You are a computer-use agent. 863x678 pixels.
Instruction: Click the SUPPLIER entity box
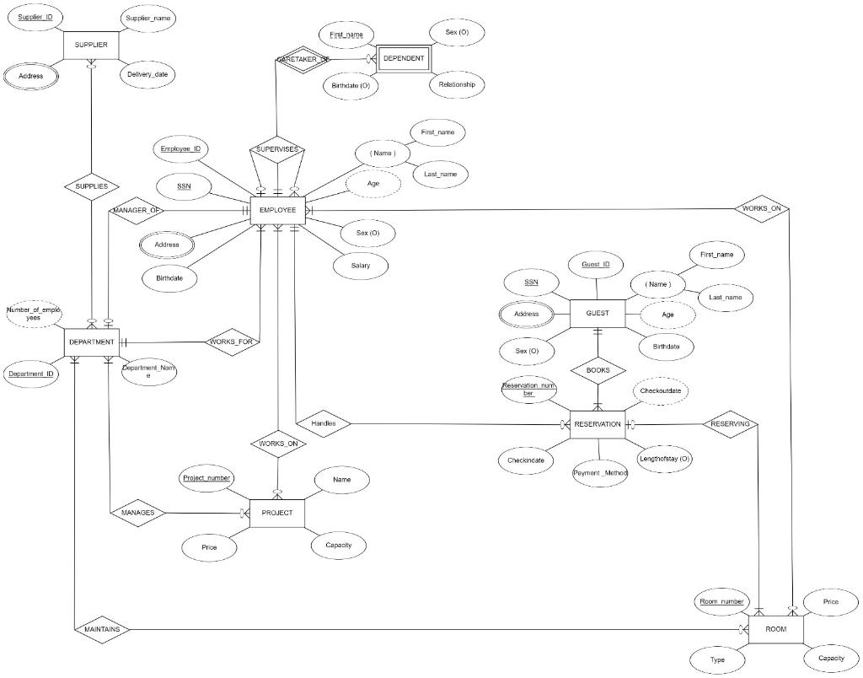point(91,44)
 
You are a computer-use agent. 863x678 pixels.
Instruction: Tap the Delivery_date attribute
point(147,74)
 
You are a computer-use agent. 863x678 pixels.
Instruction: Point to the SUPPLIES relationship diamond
point(91,186)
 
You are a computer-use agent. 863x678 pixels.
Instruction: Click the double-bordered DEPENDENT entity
point(403,58)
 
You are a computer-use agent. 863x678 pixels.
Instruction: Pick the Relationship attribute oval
point(458,84)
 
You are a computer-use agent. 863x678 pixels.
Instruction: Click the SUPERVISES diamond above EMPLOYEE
point(277,149)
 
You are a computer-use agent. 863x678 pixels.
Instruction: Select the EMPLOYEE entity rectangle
point(277,209)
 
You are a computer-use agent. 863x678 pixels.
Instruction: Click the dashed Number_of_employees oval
point(34,314)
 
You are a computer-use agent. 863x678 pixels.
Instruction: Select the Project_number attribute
point(207,478)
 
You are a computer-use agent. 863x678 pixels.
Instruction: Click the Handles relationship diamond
point(324,423)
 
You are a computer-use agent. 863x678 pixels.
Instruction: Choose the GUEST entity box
point(598,314)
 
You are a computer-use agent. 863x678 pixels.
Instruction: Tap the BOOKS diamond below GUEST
point(598,369)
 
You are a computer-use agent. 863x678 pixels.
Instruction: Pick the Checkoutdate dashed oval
point(661,391)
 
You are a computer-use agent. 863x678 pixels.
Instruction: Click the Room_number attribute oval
point(721,601)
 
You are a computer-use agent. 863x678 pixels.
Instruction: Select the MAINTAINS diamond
point(102,629)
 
